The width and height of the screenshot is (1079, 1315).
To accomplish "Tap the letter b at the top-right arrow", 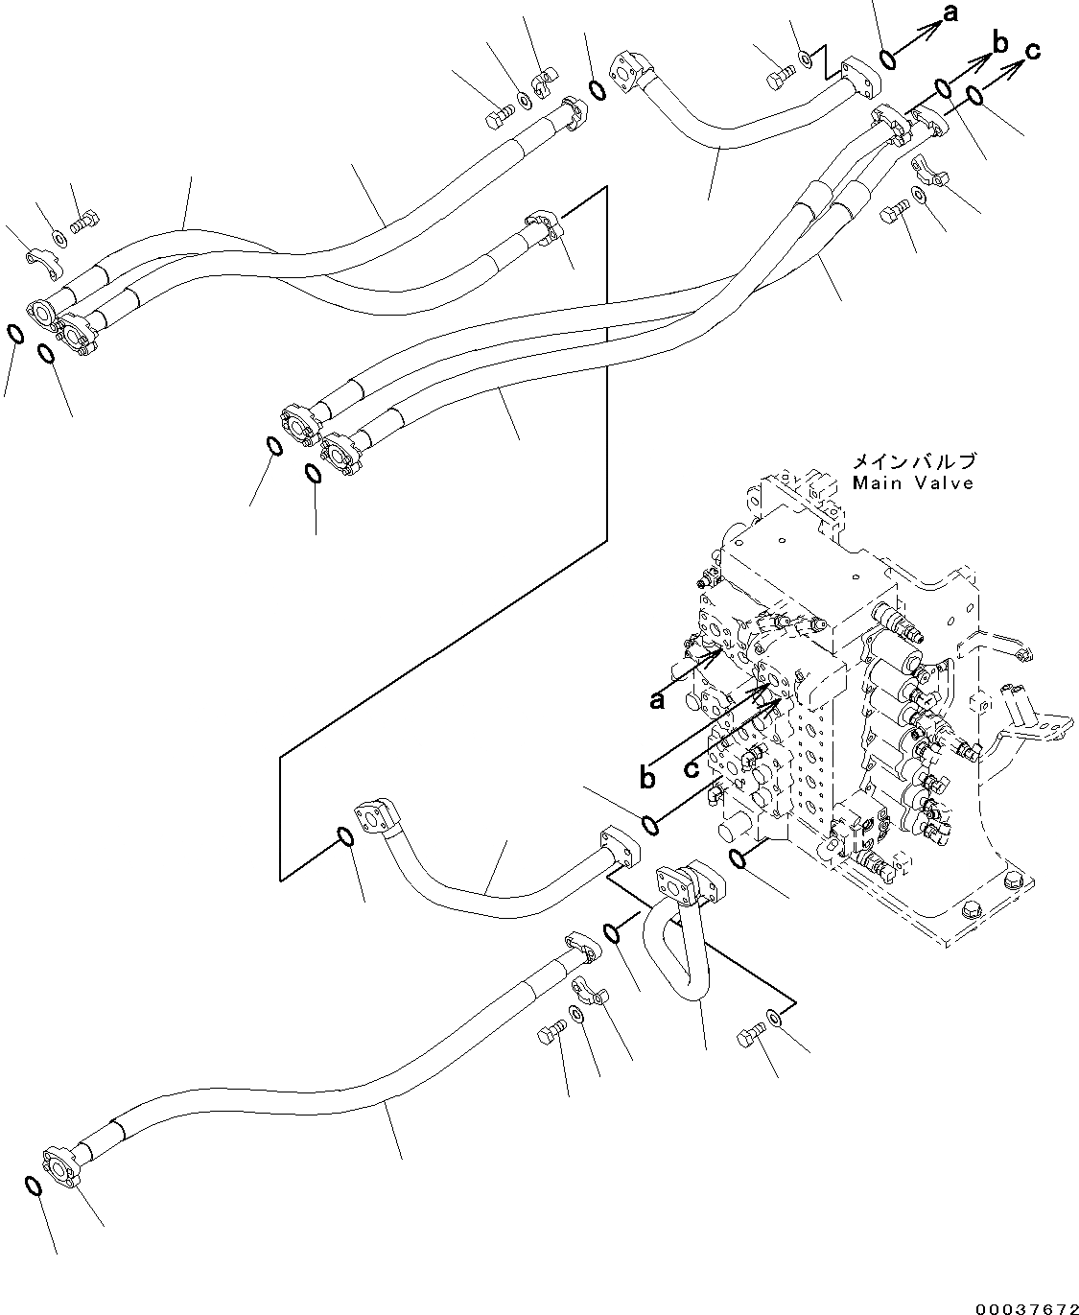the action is pos(999,42).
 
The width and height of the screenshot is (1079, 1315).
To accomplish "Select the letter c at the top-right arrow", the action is pos(1032,51).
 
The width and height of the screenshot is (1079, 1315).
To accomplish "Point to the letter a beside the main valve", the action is pos(657,701).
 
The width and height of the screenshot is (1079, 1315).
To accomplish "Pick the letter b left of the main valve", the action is pos(648,777).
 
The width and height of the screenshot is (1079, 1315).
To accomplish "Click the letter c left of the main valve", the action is pos(692,768).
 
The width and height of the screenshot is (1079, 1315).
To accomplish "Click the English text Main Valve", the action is pos(912,483).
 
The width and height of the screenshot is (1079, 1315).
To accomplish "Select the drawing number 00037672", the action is pos(1025,1306).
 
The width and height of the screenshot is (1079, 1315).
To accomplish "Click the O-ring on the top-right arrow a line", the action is pos(888,59).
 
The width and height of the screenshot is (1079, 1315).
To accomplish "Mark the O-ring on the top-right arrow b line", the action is pos(943,89).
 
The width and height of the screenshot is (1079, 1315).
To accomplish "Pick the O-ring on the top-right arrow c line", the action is pos(973,96).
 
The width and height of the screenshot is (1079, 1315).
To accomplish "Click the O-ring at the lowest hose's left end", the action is pos(32,1186).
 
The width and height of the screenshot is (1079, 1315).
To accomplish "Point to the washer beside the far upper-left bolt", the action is pos(58,237).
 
